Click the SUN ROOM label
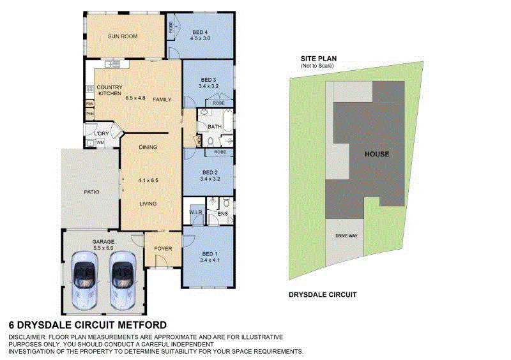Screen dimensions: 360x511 (122, 36)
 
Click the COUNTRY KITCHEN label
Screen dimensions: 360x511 (109, 90)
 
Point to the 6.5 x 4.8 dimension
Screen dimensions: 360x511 (135, 98)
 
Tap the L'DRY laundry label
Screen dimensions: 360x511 (102, 133)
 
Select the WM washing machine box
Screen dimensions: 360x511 (100, 142)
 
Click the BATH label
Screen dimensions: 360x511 (214, 126)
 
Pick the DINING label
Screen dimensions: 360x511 (148, 147)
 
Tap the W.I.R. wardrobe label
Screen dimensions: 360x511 (195, 213)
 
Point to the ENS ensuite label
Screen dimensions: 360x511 (223, 213)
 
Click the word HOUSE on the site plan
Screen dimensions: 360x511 (376, 154)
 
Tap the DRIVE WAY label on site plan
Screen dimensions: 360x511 (346, 236)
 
